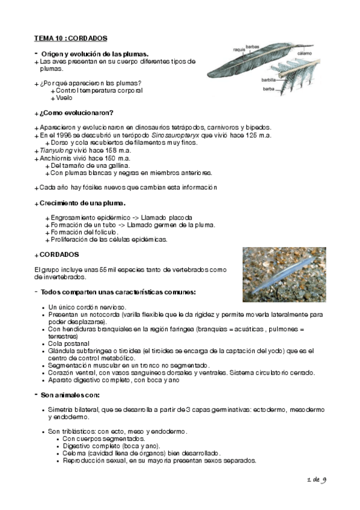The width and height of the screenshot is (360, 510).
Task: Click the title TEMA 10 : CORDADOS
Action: (x=71, y=38)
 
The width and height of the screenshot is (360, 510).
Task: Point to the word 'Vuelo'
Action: (x=64, y=98)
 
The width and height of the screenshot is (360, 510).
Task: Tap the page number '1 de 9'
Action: (x=315, y=480)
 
